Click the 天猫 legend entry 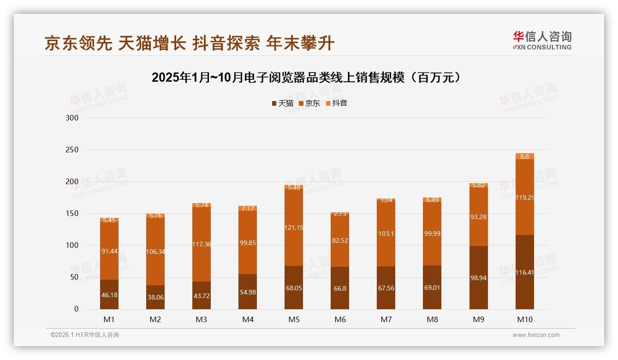coord(282,103)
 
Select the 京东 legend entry coord(309,103)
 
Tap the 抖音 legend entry coord(337,103)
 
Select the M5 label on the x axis coord(294,320)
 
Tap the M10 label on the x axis coord(524,320)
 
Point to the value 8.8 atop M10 coord(524,156)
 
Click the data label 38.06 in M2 coord(155,297)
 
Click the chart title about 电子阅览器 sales coord(306,78)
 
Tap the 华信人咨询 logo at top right coord(542,41)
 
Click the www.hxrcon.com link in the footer coord(536,335)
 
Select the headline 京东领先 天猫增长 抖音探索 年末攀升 coord(189,43)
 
